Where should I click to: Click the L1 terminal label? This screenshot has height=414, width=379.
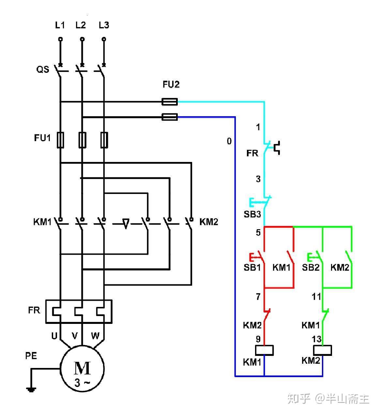tap(60, 25)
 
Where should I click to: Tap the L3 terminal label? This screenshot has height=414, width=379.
tap(104, 25)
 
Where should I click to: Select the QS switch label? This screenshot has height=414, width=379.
tap(43, 69)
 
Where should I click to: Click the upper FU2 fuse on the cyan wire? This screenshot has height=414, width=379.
tap(170, 102)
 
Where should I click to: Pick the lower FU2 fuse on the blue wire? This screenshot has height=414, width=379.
tap(170, 117)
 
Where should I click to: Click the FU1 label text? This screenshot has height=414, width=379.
tap(42, 138)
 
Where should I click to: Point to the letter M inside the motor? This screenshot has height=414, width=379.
tap(82, 368)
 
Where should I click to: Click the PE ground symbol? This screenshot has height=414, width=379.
tap(31, 389)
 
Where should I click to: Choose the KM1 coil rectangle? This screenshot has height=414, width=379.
tap(264, 350)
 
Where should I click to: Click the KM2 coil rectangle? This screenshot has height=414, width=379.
tap(322, 350)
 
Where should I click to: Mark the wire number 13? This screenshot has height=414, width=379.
tap(317, 339)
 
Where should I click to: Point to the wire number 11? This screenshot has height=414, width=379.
tap(316, 297)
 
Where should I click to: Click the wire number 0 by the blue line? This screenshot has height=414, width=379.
tap(229, 141)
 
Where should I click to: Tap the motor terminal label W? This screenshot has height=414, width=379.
tap(95, 336)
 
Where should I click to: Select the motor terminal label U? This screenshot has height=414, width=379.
tap(54, 336)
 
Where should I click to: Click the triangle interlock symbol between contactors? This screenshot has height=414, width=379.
tap(126, 224)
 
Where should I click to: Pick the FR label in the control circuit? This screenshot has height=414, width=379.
tap(252, 153)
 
